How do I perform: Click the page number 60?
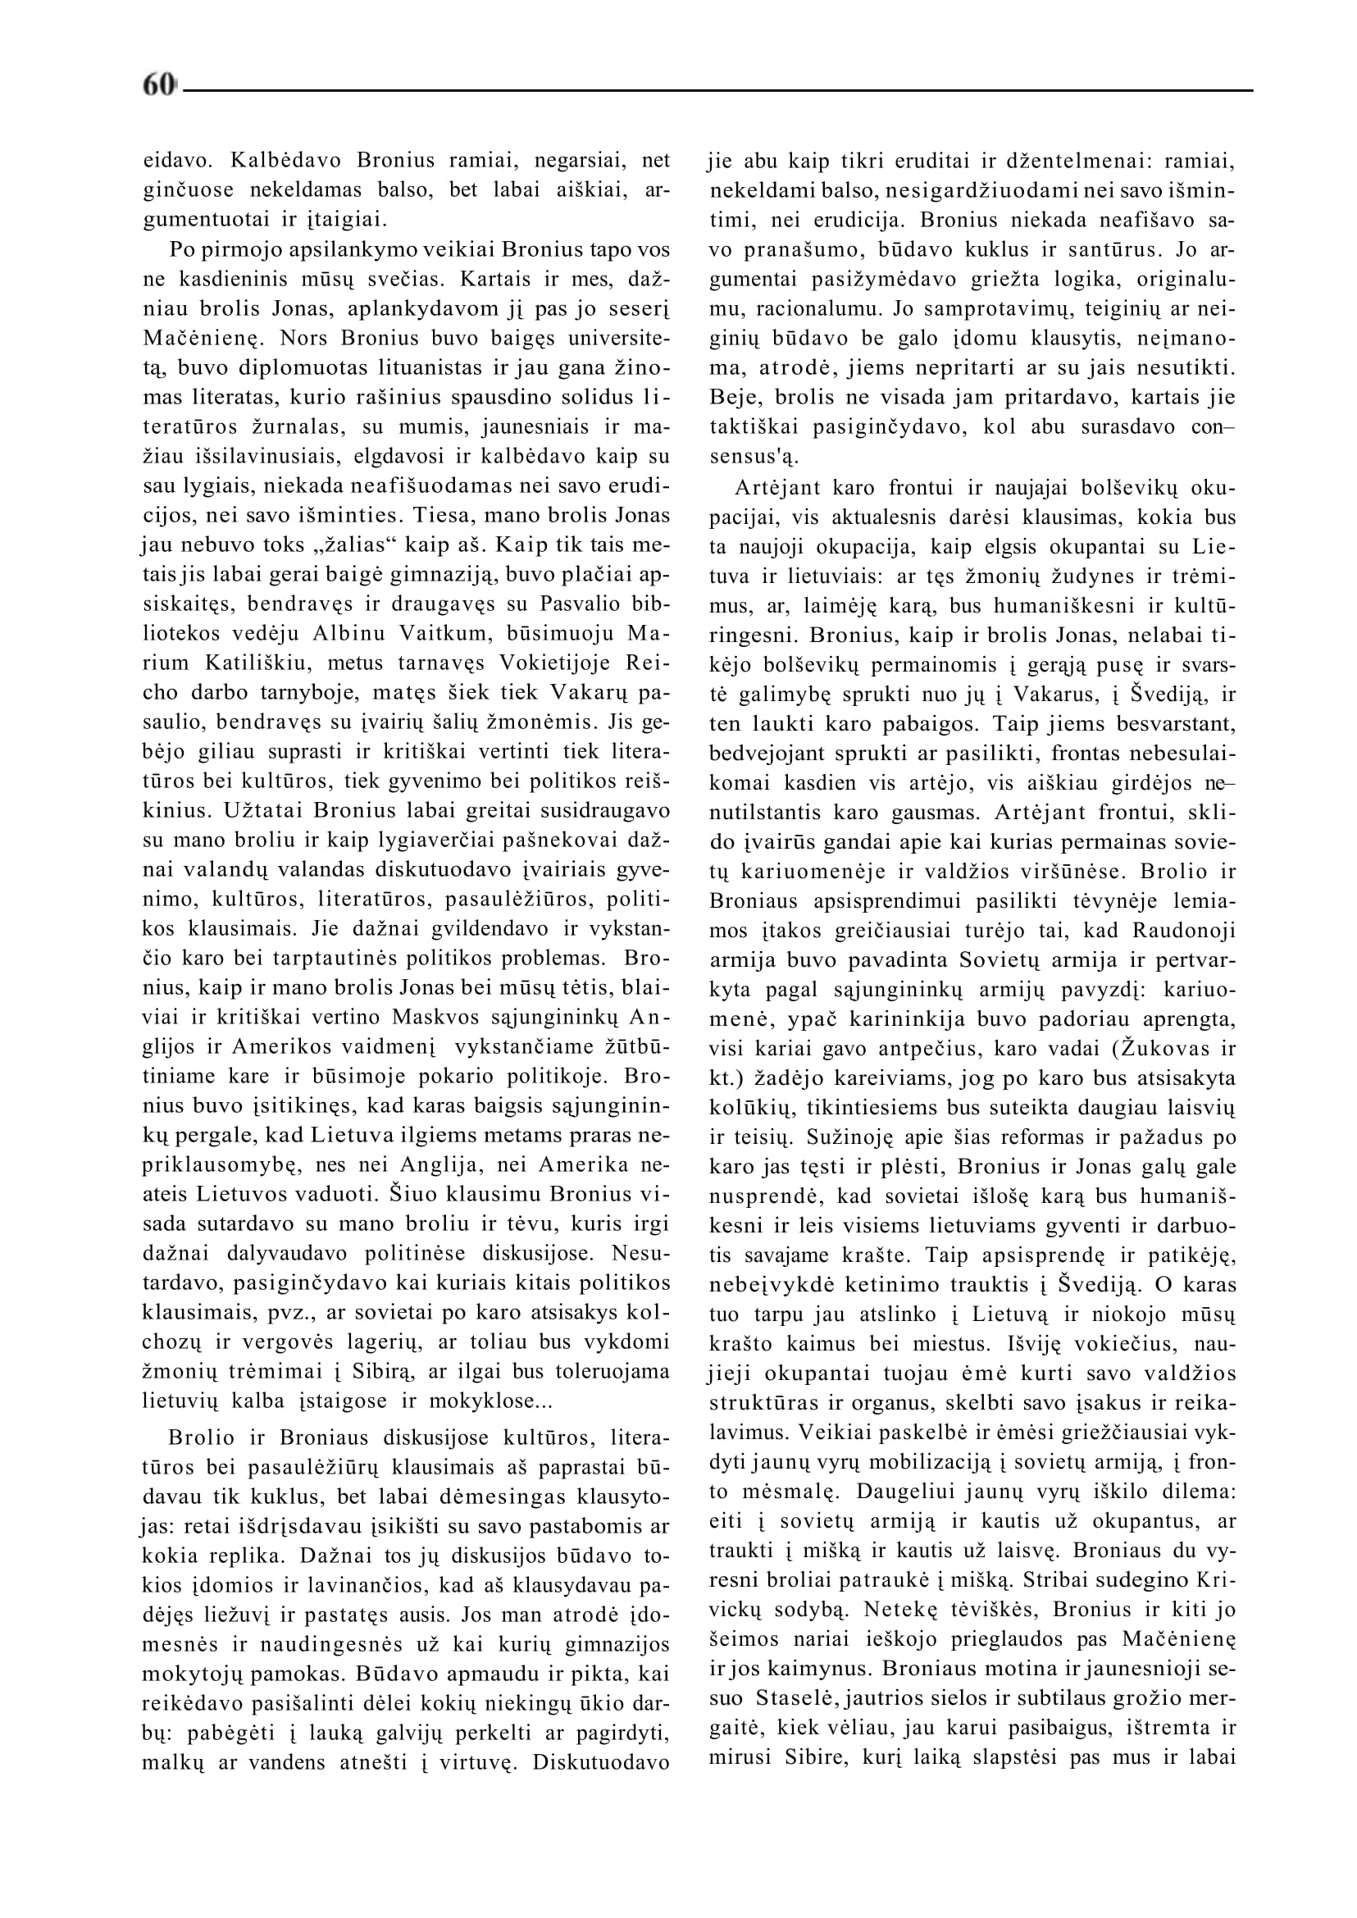159,84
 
